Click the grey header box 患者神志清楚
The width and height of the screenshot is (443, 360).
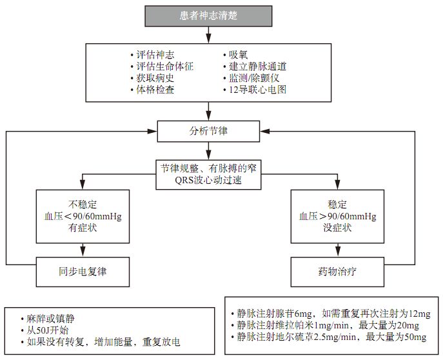tap(208, 15)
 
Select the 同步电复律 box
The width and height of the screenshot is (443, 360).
tap(79, 271)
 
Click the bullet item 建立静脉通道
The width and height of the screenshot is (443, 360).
tap(254, 66)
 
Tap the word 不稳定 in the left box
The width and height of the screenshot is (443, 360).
tap(79, 204)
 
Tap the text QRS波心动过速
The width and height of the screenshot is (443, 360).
tap(208, 181)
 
